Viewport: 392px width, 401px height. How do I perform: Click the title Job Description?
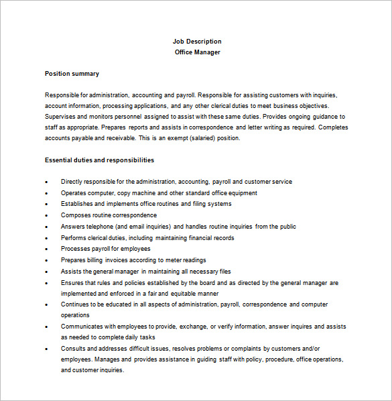click(196, 42)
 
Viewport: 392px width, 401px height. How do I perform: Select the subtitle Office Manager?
click(196, 52)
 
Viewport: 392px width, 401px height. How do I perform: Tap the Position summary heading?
click(72, 74)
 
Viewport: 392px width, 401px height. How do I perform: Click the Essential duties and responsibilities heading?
click(99, 160)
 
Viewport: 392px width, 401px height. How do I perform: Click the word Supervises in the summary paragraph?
click(61, 117)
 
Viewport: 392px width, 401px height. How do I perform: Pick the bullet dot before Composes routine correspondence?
click(46, 215)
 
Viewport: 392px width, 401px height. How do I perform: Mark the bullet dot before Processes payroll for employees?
click(46, 249)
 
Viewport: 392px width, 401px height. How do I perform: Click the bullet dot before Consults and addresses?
click(46, 349)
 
